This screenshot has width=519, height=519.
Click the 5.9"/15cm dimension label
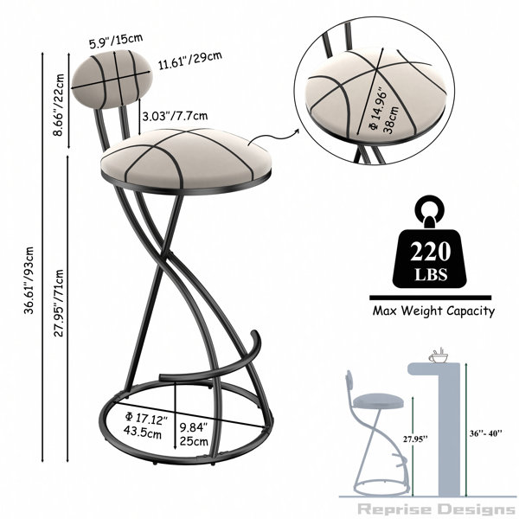tap(116, 41)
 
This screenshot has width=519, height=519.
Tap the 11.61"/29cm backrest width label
tap(189, 61)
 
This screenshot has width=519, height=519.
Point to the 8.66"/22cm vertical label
tap(60, 105)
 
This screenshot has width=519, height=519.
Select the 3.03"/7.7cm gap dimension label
tap(175, 116)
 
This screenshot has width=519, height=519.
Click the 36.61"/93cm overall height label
tap(29, 280)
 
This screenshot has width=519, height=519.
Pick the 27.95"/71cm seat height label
tap(59, 304)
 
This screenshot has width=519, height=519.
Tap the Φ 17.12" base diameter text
tap(146, 419)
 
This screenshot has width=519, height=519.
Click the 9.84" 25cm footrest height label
tap(194, 434)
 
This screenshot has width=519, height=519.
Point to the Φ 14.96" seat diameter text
tap(384, 110)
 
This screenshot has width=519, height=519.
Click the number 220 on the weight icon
tap(430, 252)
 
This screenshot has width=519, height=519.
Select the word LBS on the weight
tap(431, 274)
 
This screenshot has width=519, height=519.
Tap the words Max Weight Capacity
tap(433, 311)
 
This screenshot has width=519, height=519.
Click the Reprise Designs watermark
tap(436, 509)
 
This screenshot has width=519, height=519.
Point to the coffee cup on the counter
tap(439, 356)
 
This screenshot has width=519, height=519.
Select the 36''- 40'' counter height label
tap(485, 433)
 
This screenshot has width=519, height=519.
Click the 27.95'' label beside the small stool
tap(415, 439)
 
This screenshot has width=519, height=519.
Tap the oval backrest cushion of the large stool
tap(112, 80)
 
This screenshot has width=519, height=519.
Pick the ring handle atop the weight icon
tap(430, 208)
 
